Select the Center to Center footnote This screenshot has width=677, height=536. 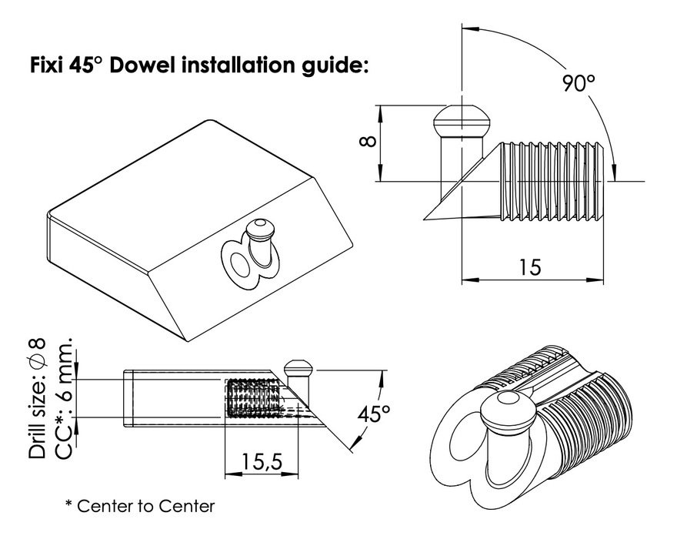(140, 506)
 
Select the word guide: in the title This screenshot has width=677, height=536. (335, 66)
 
